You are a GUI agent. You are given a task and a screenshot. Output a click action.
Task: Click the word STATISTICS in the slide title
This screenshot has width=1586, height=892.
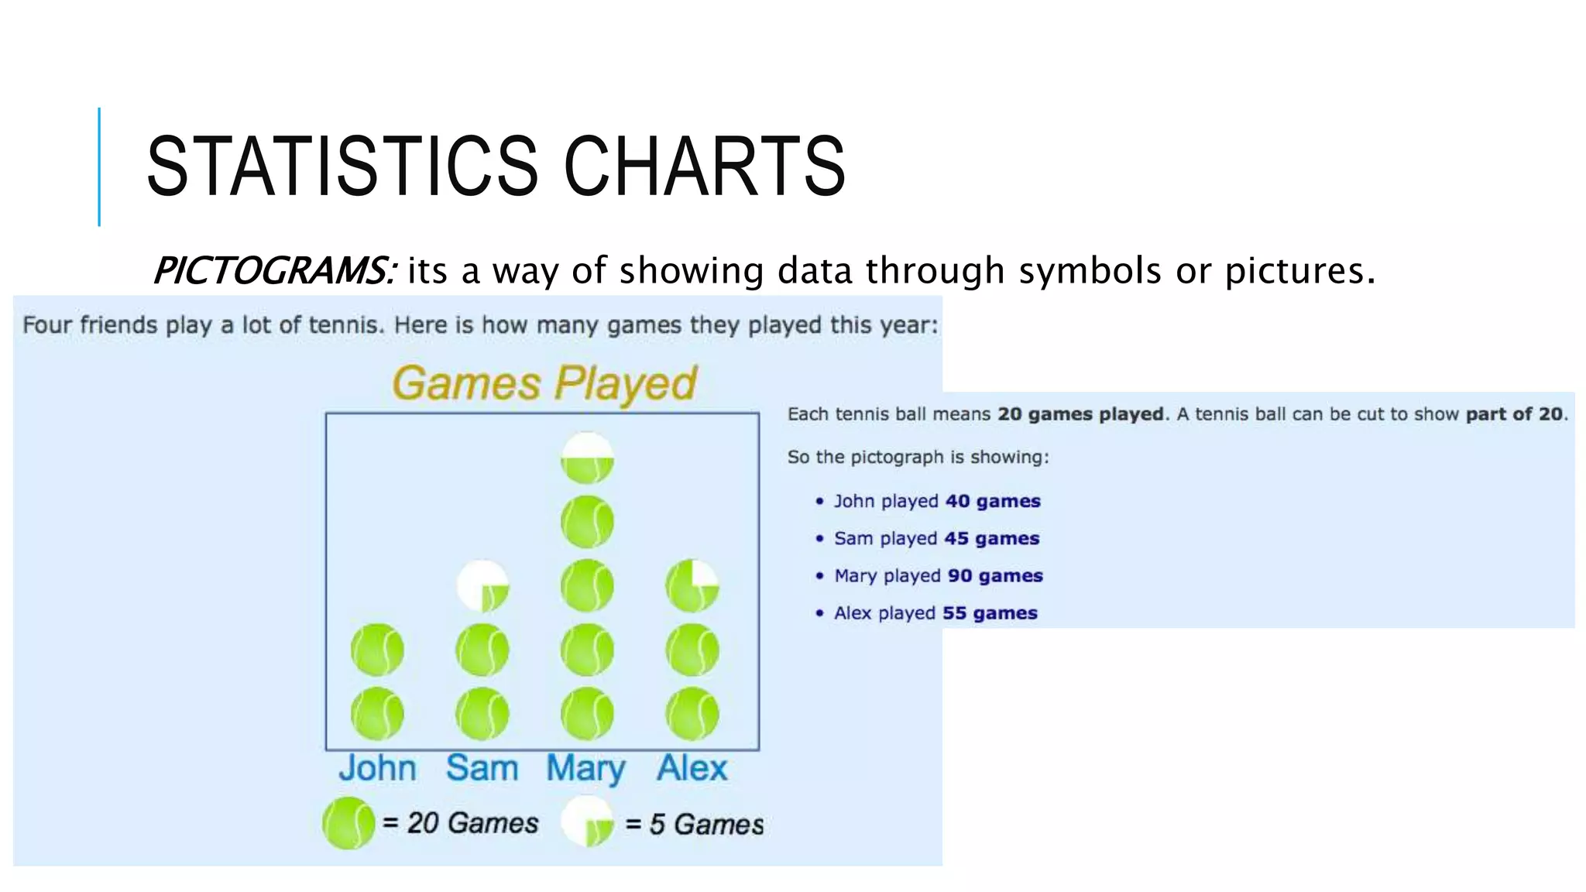click(342, 166)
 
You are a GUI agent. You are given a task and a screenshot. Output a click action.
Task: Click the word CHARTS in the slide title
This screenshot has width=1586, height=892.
click(705, 166)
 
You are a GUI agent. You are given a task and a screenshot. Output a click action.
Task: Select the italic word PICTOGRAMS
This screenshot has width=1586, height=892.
click(275, 271)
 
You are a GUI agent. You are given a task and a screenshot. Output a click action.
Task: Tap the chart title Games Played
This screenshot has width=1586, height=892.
click(544, 383)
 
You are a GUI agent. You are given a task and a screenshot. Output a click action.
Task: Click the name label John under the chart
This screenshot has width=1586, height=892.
click(377, 768)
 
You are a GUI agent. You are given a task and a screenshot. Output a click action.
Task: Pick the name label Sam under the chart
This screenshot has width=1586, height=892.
click(482, 768)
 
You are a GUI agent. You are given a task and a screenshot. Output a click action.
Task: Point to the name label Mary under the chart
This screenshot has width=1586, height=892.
click(585, 769)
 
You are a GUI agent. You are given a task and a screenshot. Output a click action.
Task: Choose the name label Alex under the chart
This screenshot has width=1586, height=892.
click(692, 768)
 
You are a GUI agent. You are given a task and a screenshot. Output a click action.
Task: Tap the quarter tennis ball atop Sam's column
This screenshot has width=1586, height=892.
click(482, 586)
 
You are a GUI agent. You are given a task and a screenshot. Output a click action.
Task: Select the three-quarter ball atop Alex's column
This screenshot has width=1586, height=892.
click(692, 586)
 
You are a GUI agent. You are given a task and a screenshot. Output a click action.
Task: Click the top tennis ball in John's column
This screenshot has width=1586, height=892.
click(377, 650)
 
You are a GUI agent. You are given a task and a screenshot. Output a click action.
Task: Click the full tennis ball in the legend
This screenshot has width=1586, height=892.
click(348, 823)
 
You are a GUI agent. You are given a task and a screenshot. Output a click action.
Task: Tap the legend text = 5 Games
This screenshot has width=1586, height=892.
click(694, 825)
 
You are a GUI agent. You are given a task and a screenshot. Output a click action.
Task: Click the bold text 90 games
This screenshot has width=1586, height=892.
click(995, 575)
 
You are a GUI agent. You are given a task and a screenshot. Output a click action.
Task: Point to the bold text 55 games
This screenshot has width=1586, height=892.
click(990, 612)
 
